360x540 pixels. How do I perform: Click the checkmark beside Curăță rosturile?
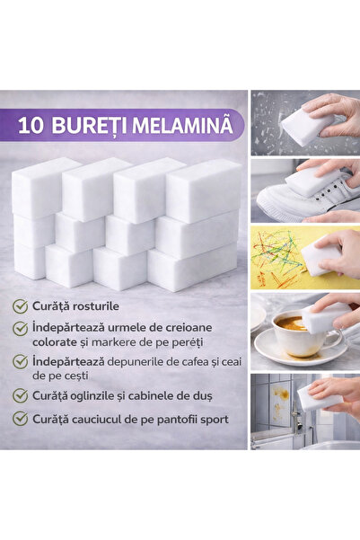point(20,306)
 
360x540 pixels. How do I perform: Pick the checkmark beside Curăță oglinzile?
point(20,394)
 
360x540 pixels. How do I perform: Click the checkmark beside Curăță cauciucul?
point(20,419)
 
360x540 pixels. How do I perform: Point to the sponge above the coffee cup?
point(324,317)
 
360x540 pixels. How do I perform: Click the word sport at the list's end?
point(212,419)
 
